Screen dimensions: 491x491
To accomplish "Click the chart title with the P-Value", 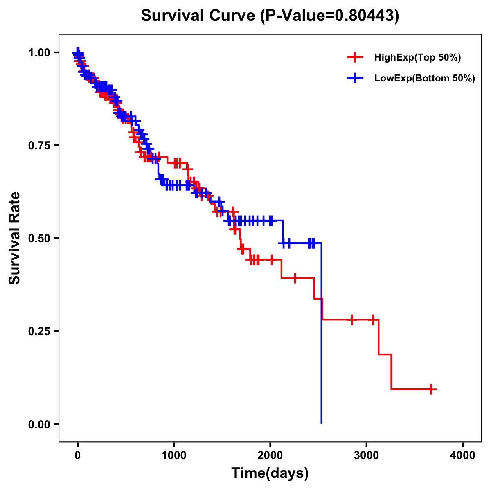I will [x=270, y=16].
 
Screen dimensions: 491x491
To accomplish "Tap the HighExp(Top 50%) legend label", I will [x=417, y=58].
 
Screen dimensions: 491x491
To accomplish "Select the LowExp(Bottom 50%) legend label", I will [x=424, y=79].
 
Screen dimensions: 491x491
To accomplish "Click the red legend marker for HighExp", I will [x=355, y=57].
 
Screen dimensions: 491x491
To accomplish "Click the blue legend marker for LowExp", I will [x=355, y=78].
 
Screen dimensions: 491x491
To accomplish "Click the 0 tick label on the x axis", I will [x=77, y=455].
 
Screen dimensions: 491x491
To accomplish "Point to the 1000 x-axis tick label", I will [x=174, y=455].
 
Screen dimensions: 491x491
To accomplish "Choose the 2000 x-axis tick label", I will [x=270, y=455].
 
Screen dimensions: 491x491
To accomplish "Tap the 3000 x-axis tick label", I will [x=367, y=455].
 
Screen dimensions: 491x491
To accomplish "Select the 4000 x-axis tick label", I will [x=463, y=455].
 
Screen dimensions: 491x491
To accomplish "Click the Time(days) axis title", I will [x=270, y=473].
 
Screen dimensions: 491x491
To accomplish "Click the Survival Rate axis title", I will [x=15, y=238].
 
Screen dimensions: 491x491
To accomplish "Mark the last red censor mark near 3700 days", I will [x=431, y=389].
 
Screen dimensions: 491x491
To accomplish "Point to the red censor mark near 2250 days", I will [x=295, y=278].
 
